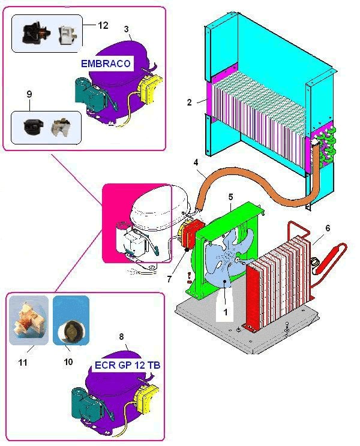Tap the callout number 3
click(126, 29)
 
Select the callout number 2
click(190, 102)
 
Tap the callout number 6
click(328, 228)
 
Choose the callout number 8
click(124, 339)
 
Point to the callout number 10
click(68, 361)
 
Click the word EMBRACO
click(106, 62)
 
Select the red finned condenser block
click(279, 276)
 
